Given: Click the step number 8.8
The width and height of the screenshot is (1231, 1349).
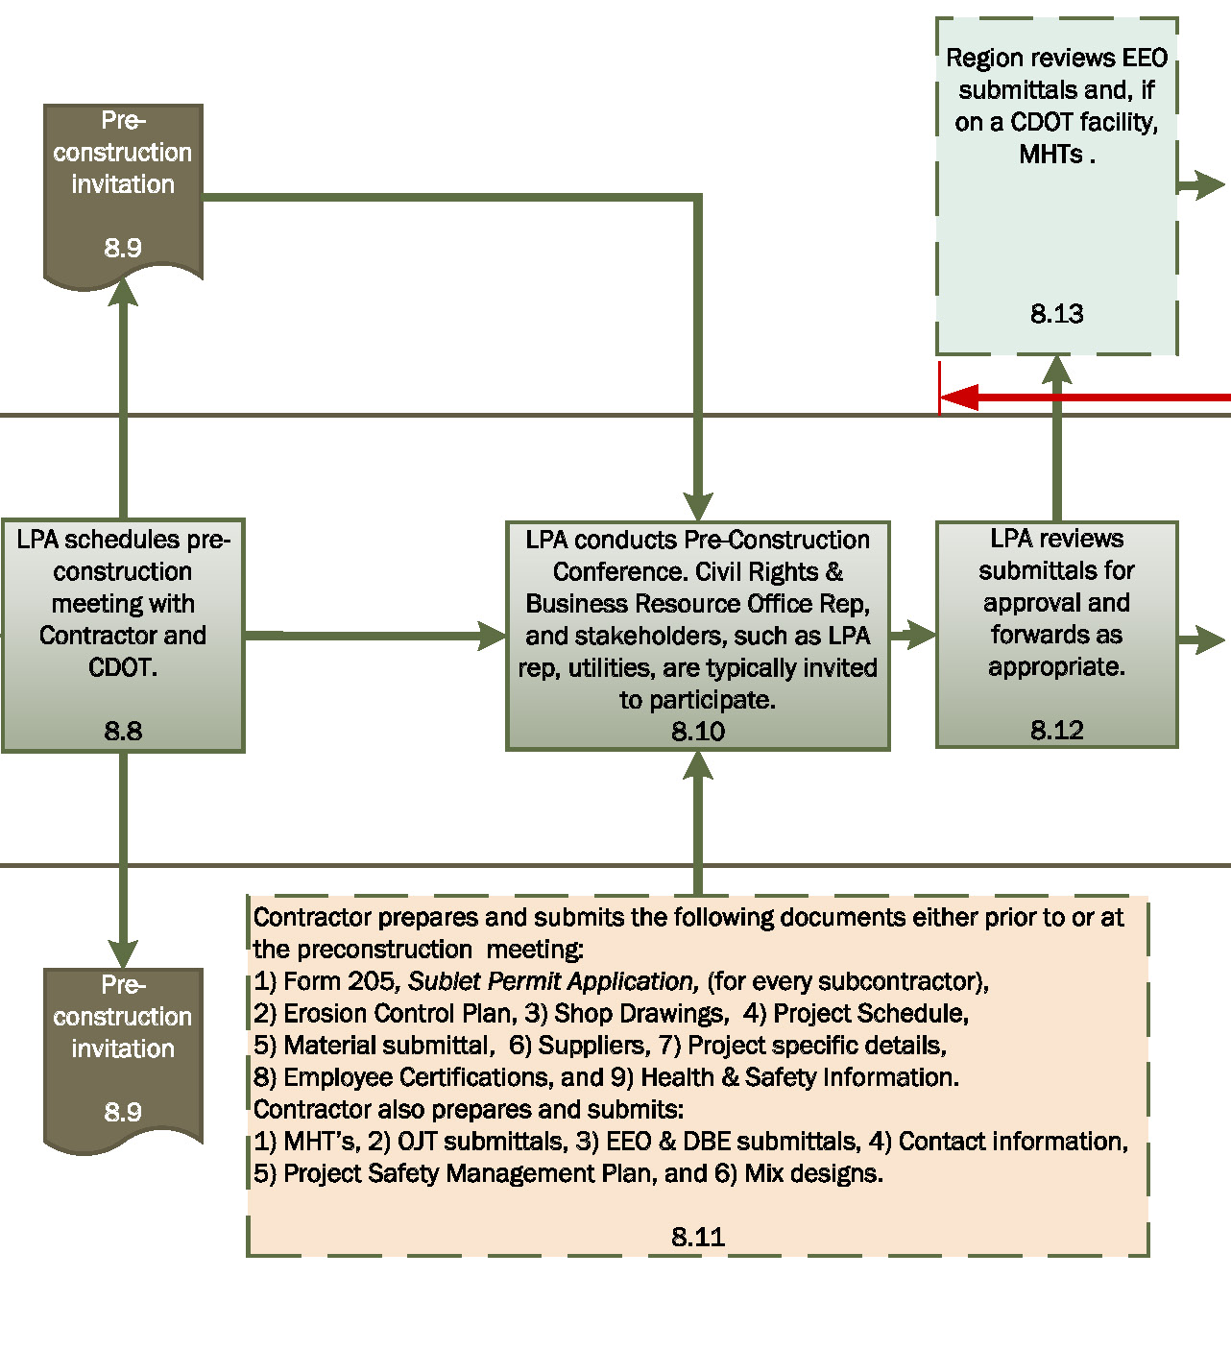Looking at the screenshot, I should pos(123,731).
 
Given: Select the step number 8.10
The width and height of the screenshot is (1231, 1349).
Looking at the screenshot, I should pos(698,732).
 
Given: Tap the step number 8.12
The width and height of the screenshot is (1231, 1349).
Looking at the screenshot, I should pos(1057,730).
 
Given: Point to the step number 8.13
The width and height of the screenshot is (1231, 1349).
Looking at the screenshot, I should pos(1057,313).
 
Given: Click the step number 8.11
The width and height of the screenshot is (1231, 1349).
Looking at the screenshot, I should pos(698,1236).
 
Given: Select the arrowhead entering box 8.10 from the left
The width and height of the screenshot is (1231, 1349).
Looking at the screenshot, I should pos(492,635).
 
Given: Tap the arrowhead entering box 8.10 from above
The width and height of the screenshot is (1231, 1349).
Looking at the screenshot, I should pos(698,506).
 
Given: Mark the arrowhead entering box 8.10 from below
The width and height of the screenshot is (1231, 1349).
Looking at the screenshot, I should pos(698,766).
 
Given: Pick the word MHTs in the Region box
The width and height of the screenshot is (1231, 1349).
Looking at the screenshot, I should pos(1050,154).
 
